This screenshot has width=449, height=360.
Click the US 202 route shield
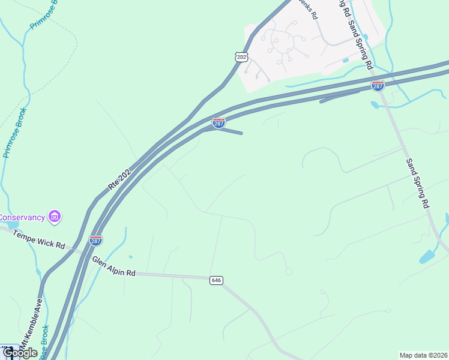pos(241,57)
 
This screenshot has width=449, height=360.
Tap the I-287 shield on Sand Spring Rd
pos(378,86)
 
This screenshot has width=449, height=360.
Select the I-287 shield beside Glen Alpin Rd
pos(95,241)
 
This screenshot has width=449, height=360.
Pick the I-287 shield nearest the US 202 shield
pos(218,123)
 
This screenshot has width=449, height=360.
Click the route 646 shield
pos(216,280)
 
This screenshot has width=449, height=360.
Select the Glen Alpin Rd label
pos(113,266)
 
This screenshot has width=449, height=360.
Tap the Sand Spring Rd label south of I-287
pos(417,183)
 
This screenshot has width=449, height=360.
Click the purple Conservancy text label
pos(22,217)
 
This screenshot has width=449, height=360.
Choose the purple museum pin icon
pos(55,216)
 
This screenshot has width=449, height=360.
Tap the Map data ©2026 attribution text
pos(424,355)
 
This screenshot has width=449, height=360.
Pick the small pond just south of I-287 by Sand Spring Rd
pos(375,105)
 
